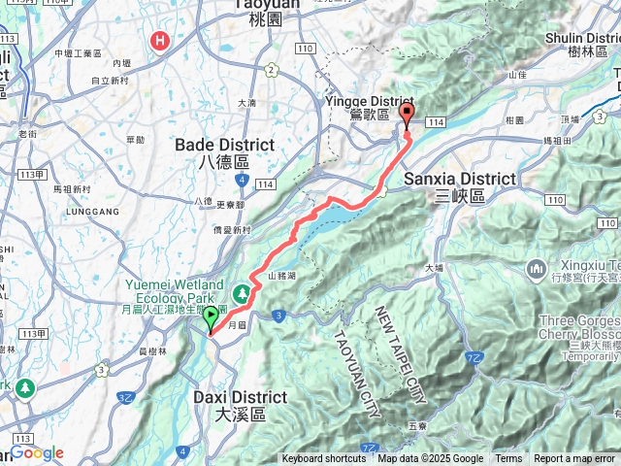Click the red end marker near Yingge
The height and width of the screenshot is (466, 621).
pos(406,116)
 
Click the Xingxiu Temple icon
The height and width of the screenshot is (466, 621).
pos(537,268)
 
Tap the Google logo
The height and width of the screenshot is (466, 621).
pos(37,453)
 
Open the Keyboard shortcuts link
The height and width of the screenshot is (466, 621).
pos(324,459)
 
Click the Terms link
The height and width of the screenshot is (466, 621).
pos(508,459)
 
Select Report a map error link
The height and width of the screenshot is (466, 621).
pos(574,459)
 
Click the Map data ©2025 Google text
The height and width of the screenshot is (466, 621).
pos(430,459)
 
